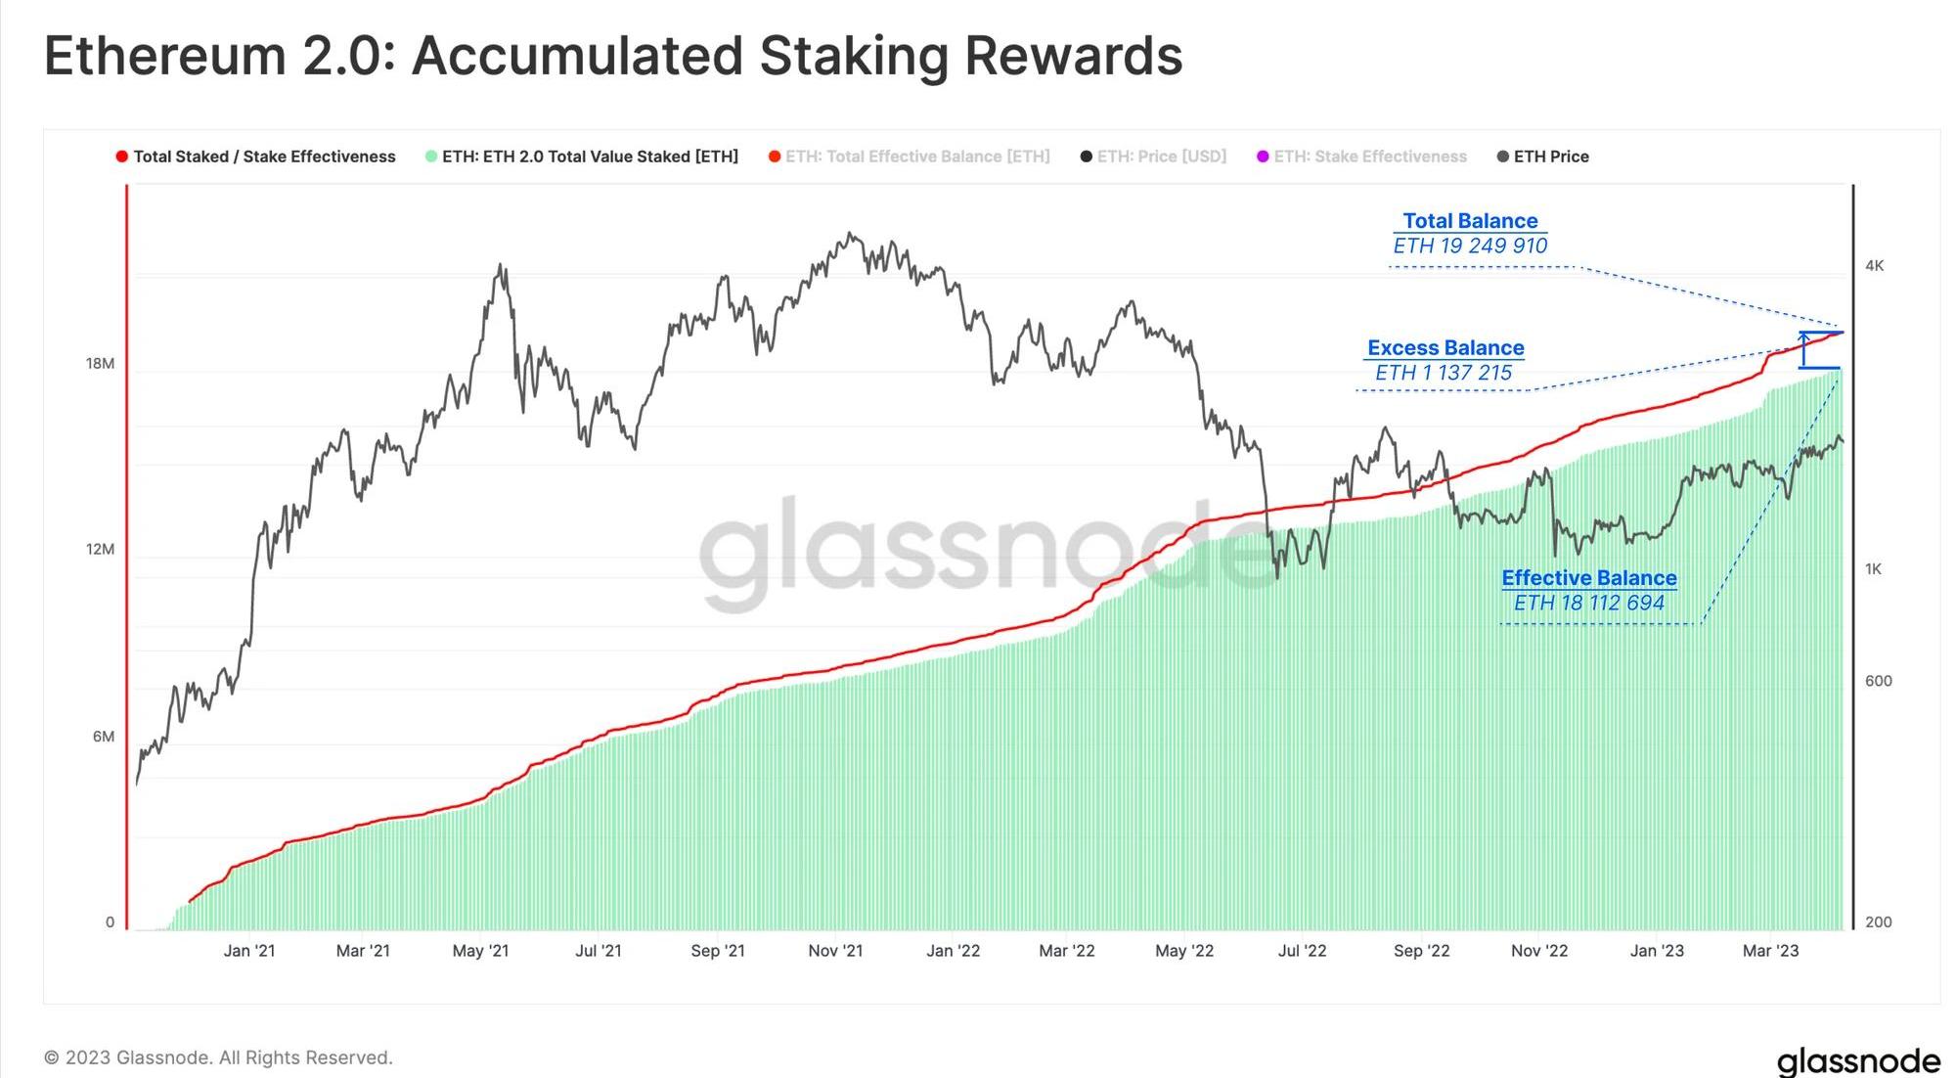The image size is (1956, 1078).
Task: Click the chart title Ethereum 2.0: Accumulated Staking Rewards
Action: tap(613, 56)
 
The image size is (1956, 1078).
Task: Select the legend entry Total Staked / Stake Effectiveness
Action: tap(256, 157)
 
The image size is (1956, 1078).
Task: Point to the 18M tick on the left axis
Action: tap(100, 364)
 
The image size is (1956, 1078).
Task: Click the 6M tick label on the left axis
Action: tap(103, 737)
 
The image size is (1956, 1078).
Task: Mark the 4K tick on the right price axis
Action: tap(1874, 266)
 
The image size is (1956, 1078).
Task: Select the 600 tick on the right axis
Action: tap(1878, 681)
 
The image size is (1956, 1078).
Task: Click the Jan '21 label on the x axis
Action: tap(248, 951)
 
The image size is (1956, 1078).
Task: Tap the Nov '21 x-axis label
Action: tap(835, 951)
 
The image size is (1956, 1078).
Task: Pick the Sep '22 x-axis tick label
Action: tap(1421, 951)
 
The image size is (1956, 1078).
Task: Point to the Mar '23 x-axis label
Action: tap(1770, 951)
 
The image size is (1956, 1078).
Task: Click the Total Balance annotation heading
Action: tap(1470, 221)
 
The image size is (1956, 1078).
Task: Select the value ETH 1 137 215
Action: tap(1444, 373)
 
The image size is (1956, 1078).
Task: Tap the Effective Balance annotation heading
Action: tap(1589, 578)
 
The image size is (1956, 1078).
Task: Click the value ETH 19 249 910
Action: tap(1470, 246)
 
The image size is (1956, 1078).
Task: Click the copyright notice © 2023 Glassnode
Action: tap(218, 1057)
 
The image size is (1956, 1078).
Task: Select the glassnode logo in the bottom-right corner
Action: tap(1858, 1060)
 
